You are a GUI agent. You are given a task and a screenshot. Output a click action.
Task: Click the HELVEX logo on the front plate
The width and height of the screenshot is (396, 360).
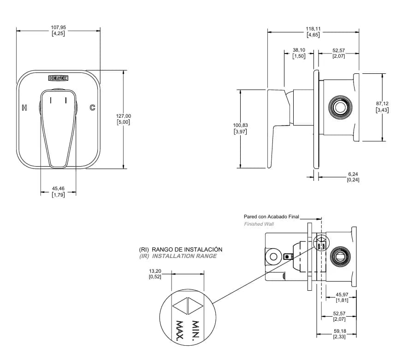pyautogui.click(x=59, y=78)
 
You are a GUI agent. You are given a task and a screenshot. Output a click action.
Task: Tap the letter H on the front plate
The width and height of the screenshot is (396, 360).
pyautogui.click(x=24, y=108)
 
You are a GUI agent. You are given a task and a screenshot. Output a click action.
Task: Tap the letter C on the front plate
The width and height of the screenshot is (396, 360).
pyautogui.click(x=93, y=108)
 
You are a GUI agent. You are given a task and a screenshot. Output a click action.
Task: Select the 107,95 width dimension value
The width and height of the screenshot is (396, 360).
pyautogui.click(x=59, y=27)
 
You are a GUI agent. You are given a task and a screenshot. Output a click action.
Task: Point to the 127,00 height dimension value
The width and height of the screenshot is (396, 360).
pyautogui.click(x=124, y=116)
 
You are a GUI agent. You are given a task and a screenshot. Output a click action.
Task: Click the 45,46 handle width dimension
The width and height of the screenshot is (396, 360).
pyautogui.click(x=59, y=188)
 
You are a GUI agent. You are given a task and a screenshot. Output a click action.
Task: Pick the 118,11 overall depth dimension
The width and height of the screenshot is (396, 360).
pyautogui.click(x=313, y=29)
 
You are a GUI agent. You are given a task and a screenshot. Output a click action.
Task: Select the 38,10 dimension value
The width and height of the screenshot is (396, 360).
pyautogui.click(x=299, y=50)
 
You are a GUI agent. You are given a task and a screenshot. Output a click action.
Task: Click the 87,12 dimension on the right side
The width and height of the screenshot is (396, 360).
pyautogui.click(x=382, y=103)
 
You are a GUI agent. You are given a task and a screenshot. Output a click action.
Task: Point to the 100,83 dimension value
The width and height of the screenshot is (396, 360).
pyautogui.click(x=241, y=125)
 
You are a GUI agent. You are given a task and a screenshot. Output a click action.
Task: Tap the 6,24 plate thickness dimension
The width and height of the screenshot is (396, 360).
pyautogui.click(x=353, y=174)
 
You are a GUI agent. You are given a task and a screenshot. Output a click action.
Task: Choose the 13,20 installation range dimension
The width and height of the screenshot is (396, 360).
pyautogui.click(x=155, y=271)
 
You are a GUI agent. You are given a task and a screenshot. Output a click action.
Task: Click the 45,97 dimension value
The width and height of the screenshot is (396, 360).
pyautogui.click(x=342, y=294)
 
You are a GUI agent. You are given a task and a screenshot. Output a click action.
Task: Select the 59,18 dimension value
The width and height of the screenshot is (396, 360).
pyautogui.click(x=340, y=331)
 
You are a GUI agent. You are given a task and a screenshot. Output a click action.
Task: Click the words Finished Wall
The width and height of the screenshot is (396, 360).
pyautogui.click(x=259, y=224)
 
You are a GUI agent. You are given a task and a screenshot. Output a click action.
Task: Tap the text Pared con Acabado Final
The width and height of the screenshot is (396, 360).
pyautogui.click(x=271, y=216)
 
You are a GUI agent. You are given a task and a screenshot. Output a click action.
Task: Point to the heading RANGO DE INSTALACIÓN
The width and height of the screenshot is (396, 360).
pyautogui.click(x=187, y=250)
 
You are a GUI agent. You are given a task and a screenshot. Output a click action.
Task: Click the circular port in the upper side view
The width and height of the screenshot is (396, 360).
pyautogui.click(x=340, y=107)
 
